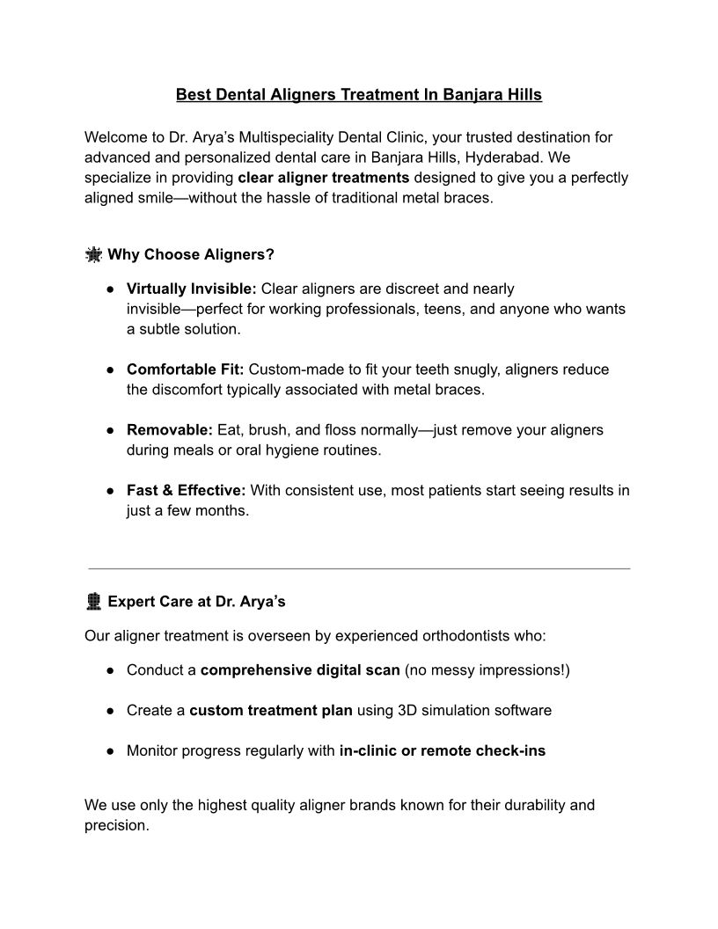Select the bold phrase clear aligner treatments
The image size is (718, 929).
tap(323, 178)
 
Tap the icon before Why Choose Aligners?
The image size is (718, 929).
tap(92, 255)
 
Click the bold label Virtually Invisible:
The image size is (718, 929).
tap(192, 289)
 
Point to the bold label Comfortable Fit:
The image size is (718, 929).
tap(186, 369)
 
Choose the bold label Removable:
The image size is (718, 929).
tap(170, 430)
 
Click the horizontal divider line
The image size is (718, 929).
tap(359, 568)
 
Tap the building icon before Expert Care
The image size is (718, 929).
tap(92, 603)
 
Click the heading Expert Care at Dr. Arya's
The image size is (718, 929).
tap(196, 603)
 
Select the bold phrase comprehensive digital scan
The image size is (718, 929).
tap(300, 670)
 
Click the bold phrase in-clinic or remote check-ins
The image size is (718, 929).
tap(442, 751)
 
